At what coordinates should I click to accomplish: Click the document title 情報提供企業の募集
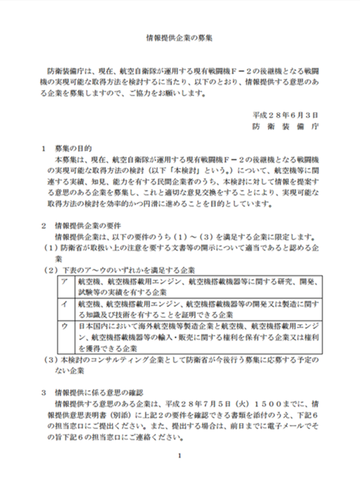(x=179, y=38)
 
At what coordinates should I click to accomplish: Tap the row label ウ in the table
(x=64, y=327)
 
